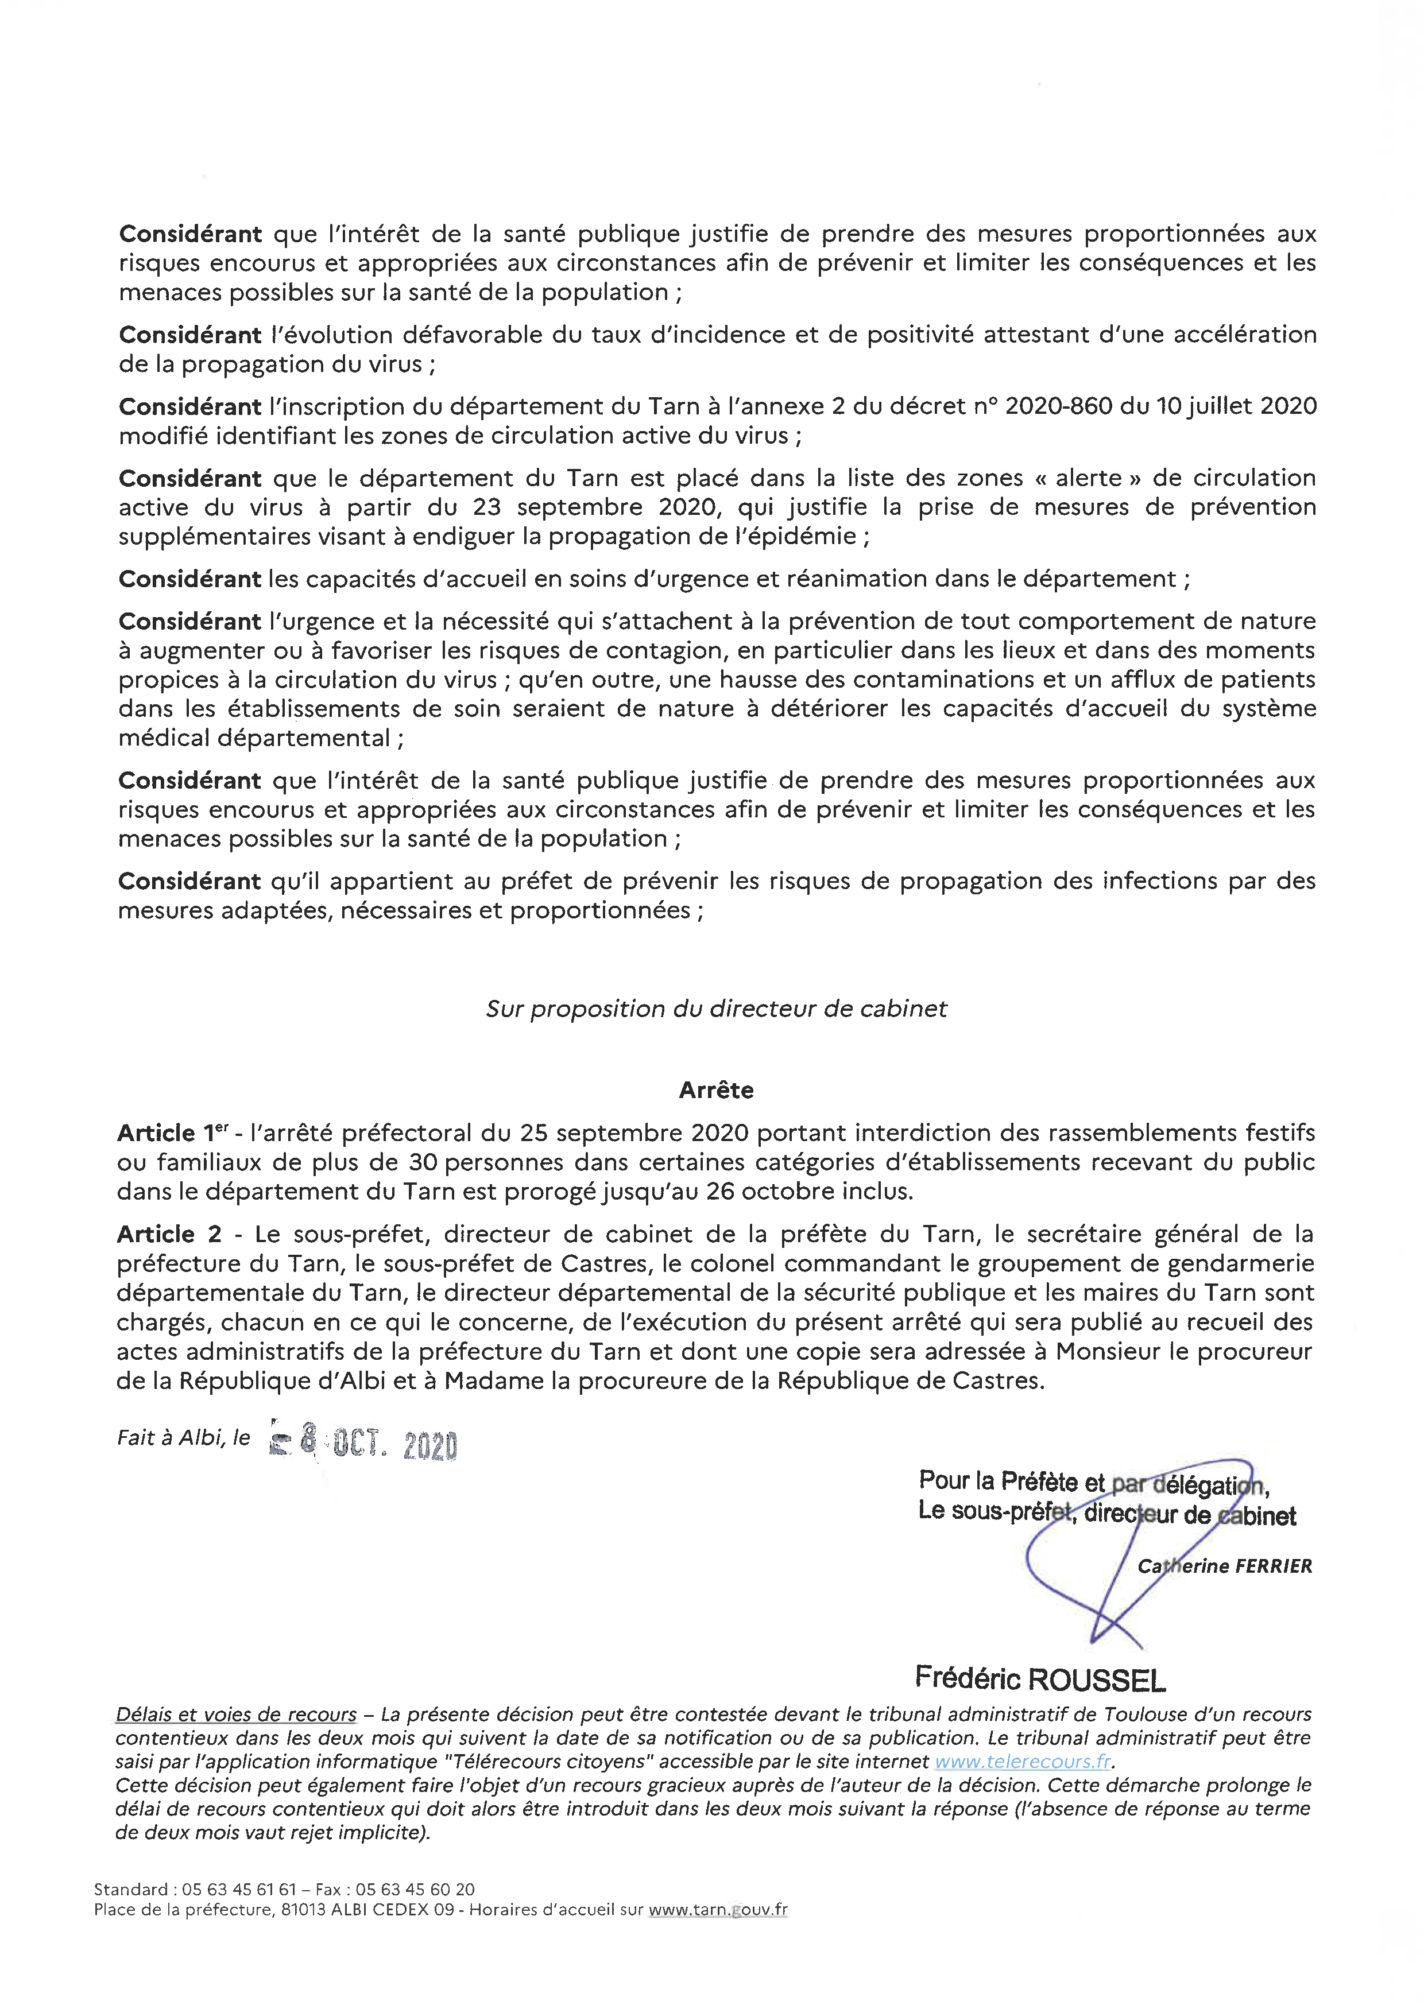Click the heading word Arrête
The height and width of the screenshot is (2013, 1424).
717,1090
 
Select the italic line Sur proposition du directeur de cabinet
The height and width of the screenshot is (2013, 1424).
717,1009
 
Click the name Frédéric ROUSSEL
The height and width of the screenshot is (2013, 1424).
1040,1679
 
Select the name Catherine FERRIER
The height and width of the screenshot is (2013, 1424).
1225,1566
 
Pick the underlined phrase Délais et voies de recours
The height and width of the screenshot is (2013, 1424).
236,1714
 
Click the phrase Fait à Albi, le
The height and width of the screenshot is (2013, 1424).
183,1438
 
